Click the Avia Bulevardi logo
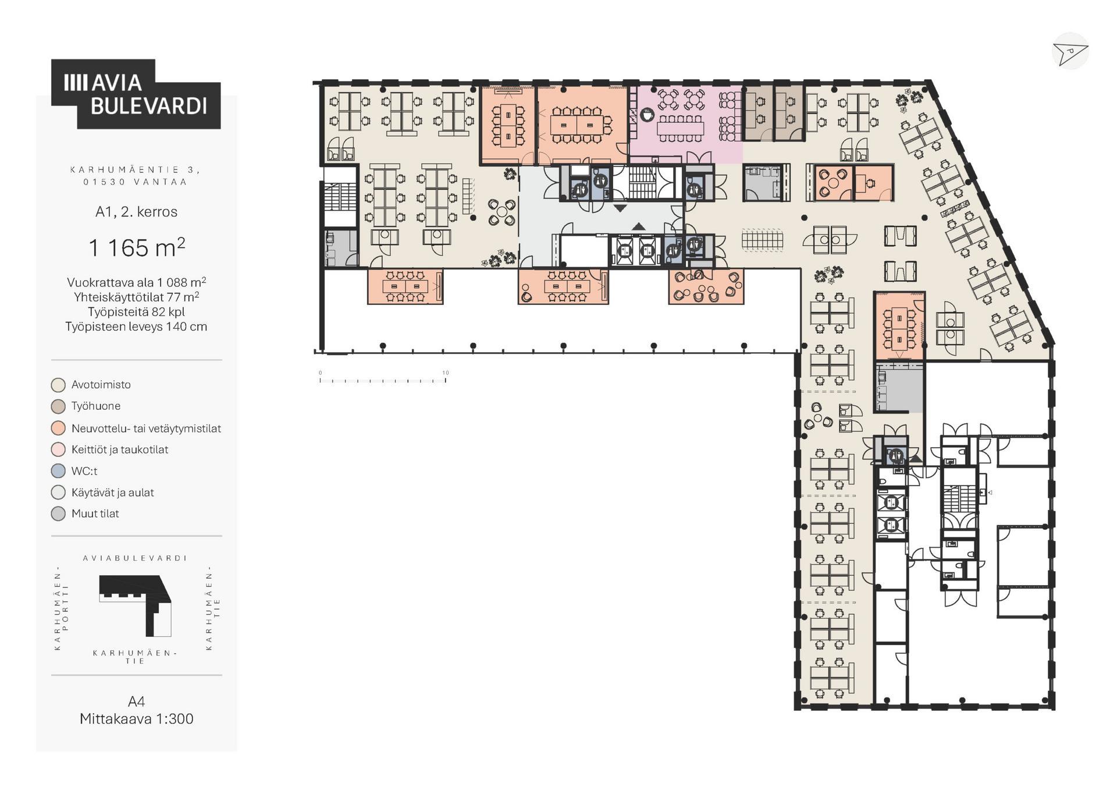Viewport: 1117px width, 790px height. click(x=136, y=94)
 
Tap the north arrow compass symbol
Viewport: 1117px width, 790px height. click(x=1070, y=52)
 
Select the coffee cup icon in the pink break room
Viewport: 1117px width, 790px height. click(x=647, y=115)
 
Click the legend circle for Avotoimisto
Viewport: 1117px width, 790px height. click(x=58, y=385)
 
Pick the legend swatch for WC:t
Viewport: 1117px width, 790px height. click(x=58, y=471)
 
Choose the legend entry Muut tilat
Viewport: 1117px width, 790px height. click(x=95, y=513)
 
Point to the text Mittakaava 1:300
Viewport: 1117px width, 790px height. click(x=137, y=718)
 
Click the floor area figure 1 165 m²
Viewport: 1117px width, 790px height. click(x=137, y=247)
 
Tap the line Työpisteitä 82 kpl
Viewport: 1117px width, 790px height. click(x=137, y=311)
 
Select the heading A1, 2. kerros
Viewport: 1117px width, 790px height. click(x=137, y=211)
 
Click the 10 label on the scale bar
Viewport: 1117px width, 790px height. click(x=446, y=373)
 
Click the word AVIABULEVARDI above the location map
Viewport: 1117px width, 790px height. click(x=135, y=558)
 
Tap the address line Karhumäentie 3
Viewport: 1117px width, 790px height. click(x=136, y=169)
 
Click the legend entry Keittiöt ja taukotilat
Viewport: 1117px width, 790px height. click(x=120, y=449)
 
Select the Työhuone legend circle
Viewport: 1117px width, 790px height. click(x=58, y=406)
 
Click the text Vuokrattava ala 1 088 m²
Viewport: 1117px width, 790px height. click(x=137, y=282)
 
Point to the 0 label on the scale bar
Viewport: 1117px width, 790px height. click(x=320, y=373)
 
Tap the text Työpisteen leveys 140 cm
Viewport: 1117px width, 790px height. click(x=137, y=327)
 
